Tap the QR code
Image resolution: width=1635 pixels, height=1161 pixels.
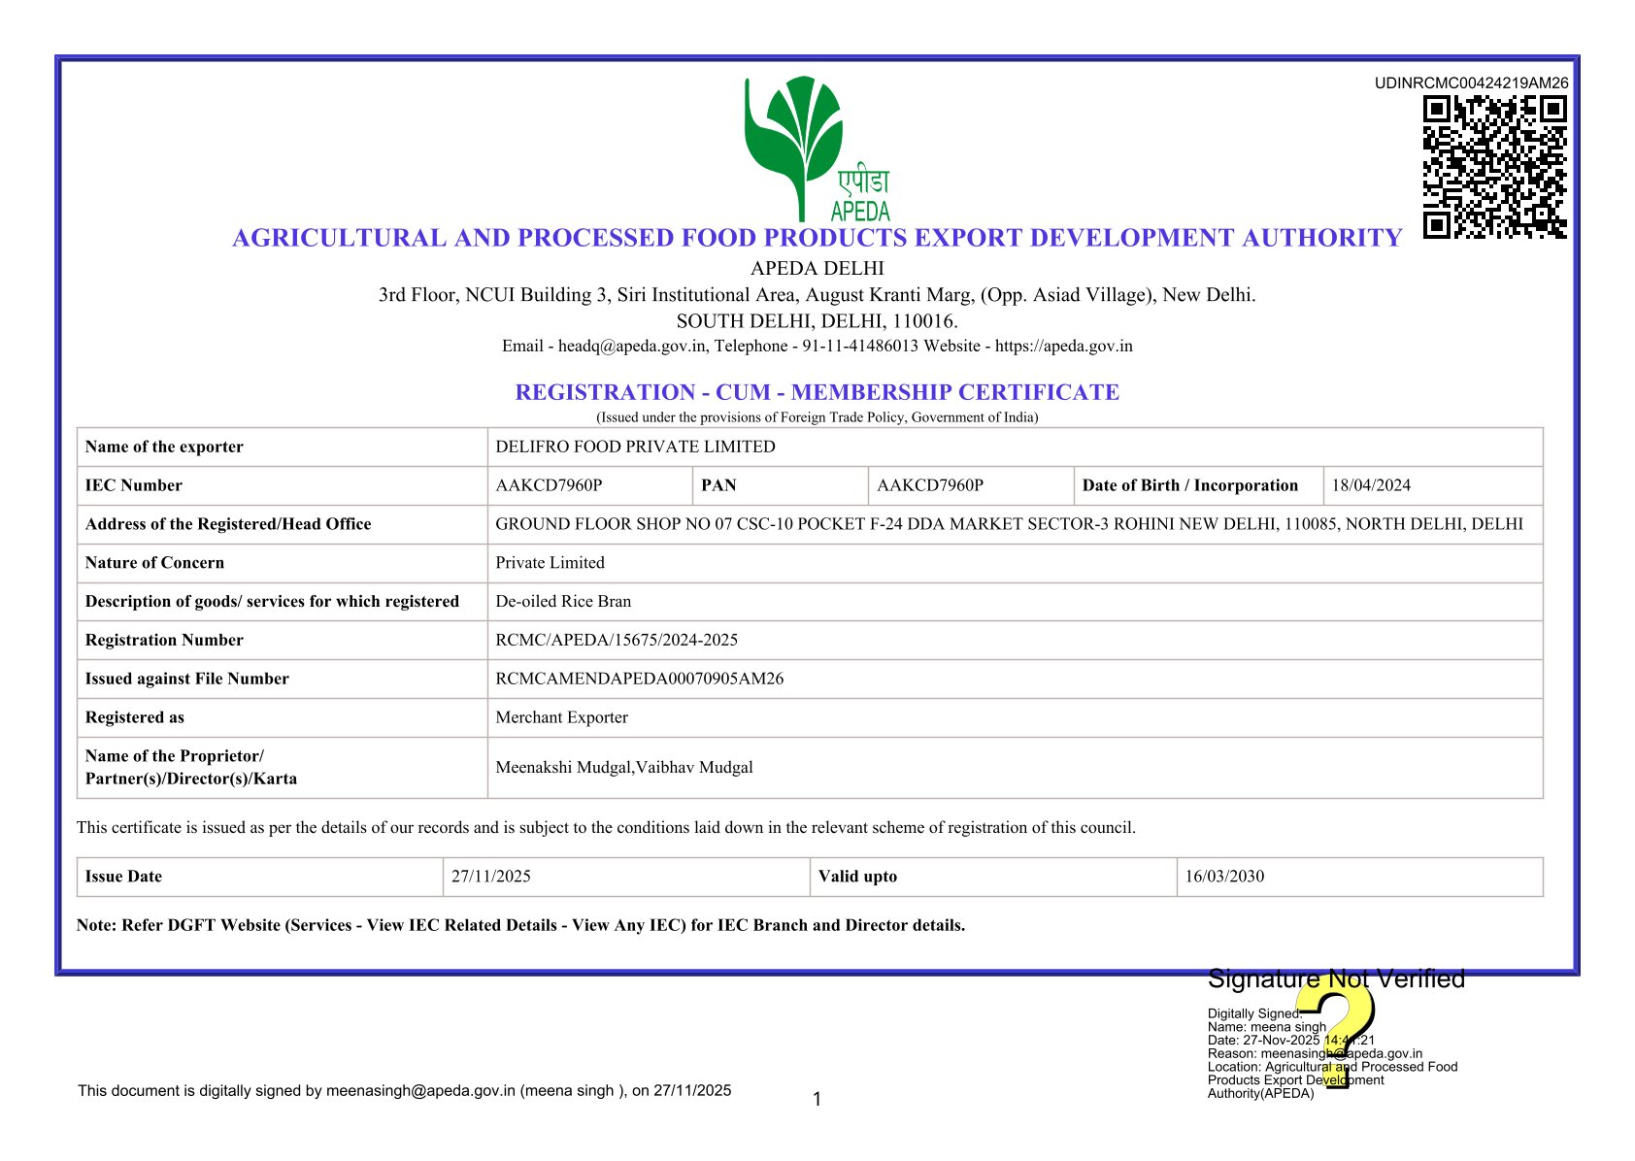tap(1494, 166)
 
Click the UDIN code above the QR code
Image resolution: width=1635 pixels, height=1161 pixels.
tap(1471, 83)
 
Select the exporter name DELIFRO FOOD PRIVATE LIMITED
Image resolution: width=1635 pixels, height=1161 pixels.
tap(635, 447)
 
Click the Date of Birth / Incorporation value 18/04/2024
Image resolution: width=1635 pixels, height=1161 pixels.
tap(1371, 485)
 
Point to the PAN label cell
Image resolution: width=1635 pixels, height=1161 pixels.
tap(718, 485)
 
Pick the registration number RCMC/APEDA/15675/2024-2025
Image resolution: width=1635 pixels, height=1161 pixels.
tap(617, 640)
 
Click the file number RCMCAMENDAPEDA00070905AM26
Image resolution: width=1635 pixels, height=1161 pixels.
tap(639, 679)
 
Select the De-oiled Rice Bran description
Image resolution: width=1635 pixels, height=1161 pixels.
tap(563, 601)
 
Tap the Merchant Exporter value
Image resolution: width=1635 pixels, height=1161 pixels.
tap(561, 717)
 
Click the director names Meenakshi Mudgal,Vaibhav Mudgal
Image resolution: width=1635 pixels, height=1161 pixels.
tap(624, 767)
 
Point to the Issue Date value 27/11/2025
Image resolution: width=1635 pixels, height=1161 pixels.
tap(491, 877)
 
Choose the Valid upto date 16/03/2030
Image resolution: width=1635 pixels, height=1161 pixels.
tap(1224, 877)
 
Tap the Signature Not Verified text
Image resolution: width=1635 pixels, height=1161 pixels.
tap(1336, 979)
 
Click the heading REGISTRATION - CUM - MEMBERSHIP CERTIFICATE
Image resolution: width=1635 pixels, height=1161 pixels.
tap(817, 392)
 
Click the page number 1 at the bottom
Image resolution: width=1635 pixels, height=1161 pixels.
tap(817, 1099)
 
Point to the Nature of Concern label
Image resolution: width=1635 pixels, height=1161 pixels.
tap(154, 563)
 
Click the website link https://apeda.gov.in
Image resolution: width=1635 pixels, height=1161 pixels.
tap(1063, 346)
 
